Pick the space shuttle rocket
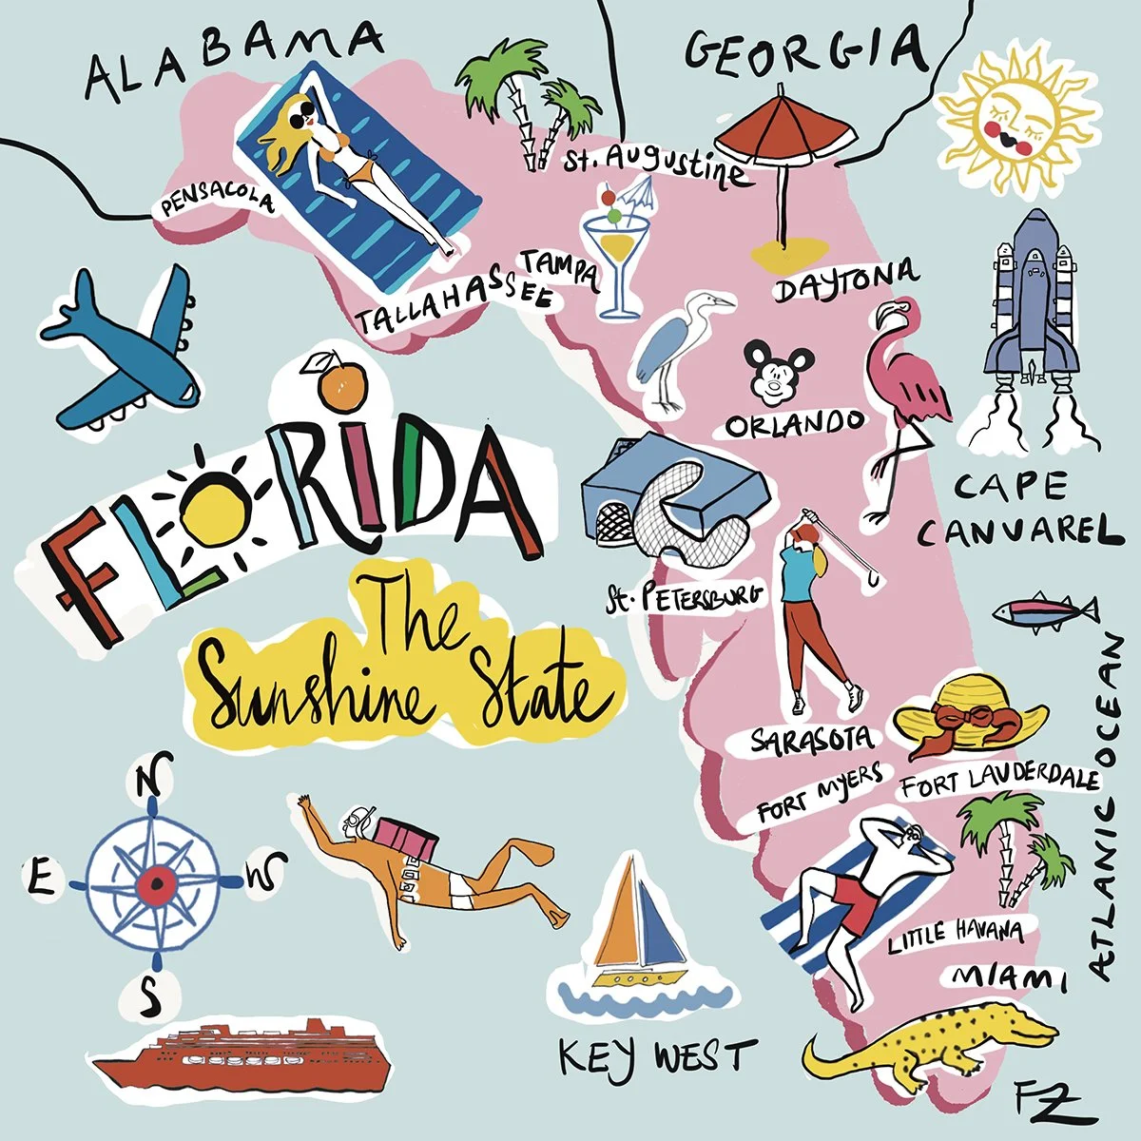(1032, 304)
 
